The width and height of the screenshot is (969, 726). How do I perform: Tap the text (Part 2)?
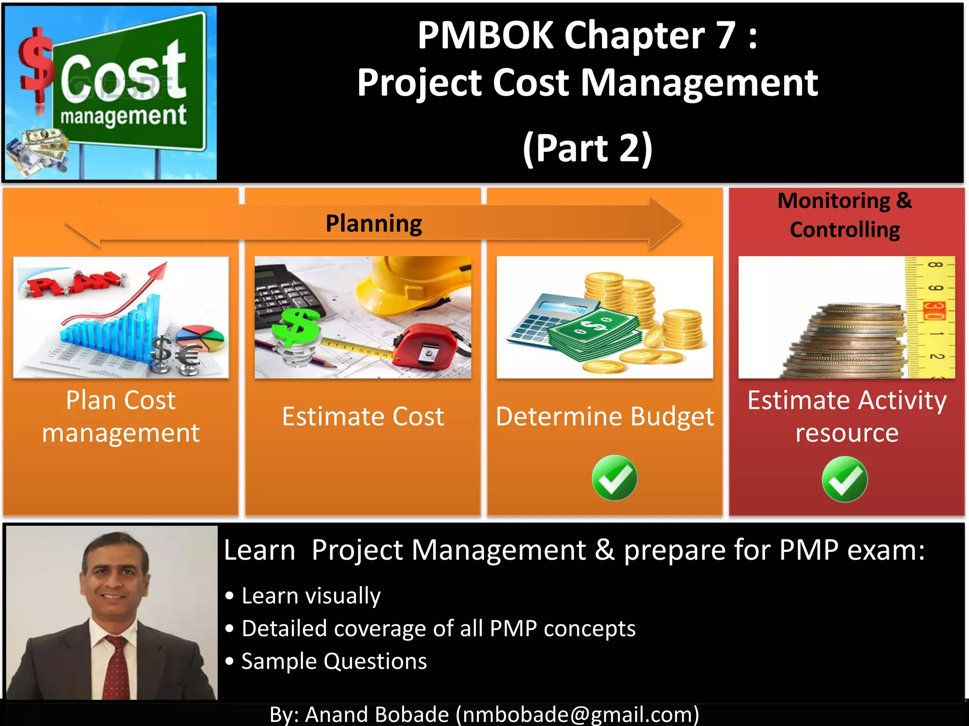(x=587, y=148)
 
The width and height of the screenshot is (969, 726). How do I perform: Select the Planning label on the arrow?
(x=374, y=224)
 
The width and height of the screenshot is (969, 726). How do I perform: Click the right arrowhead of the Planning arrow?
(x=665, y=224)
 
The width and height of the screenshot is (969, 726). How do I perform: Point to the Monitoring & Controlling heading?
(x=845, y=215)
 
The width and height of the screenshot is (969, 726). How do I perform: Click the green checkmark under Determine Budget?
(x=614, y=478)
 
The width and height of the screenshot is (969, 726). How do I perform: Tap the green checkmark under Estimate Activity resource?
(x=845, y=479)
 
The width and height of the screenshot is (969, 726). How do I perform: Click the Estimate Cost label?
(x=363, y=417)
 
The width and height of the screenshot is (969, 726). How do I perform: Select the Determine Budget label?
(x=605, y=417)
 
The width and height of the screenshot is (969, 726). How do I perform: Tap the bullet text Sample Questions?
(x=334, y=661)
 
